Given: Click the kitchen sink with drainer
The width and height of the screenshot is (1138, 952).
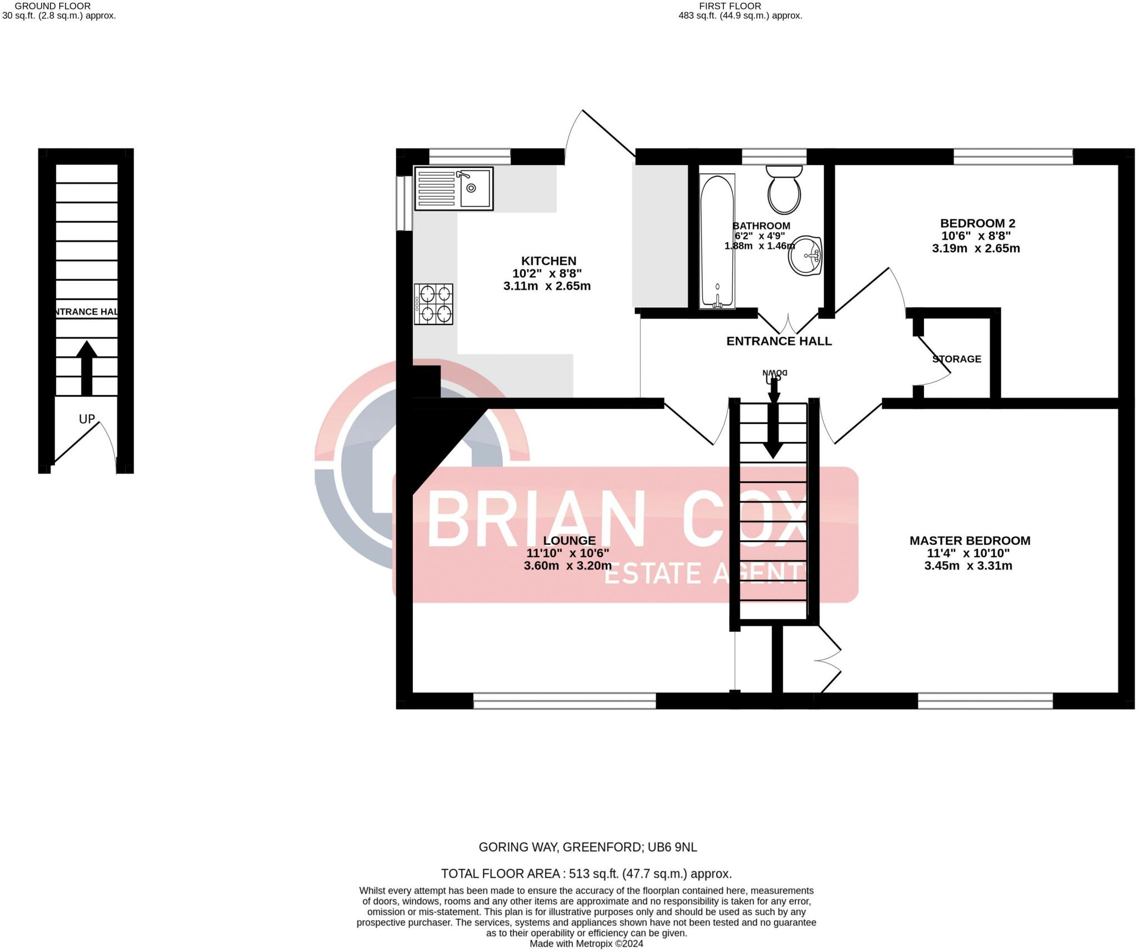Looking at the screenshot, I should pyautogui.click(x=453, y=188).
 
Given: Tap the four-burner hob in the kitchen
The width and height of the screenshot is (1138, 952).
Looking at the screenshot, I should pyautogui.click(x=433, y=304).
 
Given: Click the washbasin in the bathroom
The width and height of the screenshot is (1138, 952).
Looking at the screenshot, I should pyautogui.click(x=806, y=256).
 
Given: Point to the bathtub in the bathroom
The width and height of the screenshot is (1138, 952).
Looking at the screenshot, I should pyautogui.click(x=717, y=241).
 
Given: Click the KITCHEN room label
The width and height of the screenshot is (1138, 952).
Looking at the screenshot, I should pyautogui.click(x=548, y=261).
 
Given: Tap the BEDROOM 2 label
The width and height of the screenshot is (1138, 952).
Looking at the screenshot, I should pyautogui.click(x=977, y=223).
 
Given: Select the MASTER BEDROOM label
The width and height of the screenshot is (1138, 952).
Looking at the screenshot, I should pyautogui.click(x=970, y=540).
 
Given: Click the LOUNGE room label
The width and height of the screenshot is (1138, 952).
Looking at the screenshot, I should pyautogui.click(x=569, y=540).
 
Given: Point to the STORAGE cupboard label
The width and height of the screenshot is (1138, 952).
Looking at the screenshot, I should pyautogui.click(x=956, y=359).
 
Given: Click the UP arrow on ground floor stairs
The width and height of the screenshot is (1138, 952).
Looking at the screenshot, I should pyautogui.click(x=87, y=368).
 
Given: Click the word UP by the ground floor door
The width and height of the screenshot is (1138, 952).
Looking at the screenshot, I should pyautogui.click(x=87, y=419).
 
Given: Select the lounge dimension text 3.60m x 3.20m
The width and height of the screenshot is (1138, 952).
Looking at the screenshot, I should pyautogui.click(x=567, y=566).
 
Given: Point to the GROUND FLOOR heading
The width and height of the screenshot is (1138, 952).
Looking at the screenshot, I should pyautogui.click(x=53, y=6).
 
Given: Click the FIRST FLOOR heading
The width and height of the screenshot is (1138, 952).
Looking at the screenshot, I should pyautogui.click(x=730, y=6).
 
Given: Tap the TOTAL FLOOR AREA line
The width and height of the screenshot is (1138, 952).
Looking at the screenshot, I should pyautogui.click(x=586, y=874).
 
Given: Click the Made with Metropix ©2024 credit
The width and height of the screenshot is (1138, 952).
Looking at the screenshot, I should pyautogui.click(x=586, y=944).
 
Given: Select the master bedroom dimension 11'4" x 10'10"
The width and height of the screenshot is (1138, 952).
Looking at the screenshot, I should pyautogui.click(x=968, y=553).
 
